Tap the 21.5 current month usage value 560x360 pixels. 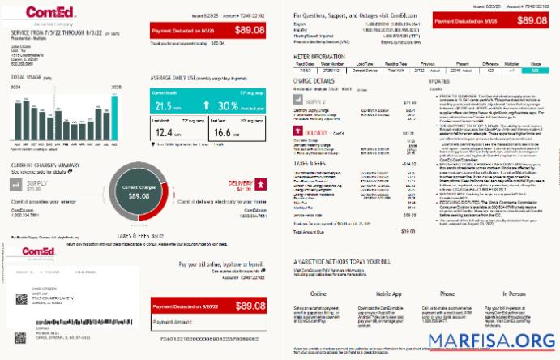pyautogui.click(x=163, y=106)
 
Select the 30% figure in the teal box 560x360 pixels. pyautogui.click(x=229, y=106)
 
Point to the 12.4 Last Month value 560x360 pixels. pyautogui.click(x=163, y=133)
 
